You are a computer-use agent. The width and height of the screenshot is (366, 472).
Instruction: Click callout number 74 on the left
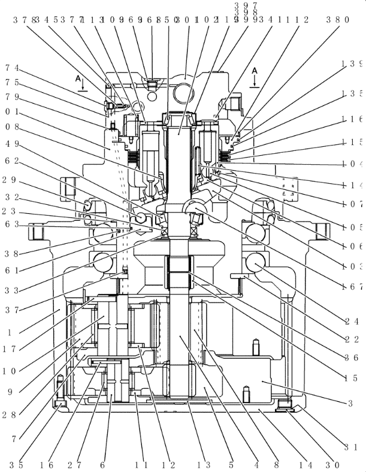click(11, 68)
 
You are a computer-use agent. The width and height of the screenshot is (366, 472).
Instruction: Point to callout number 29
click(11, 180)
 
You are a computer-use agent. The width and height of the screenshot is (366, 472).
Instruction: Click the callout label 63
click(11, 225)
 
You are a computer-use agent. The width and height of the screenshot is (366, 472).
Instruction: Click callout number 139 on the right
click(352, 63)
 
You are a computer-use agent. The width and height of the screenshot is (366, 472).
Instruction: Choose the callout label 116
click(352, 120)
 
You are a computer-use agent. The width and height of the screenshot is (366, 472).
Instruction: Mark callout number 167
click(352, 286)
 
